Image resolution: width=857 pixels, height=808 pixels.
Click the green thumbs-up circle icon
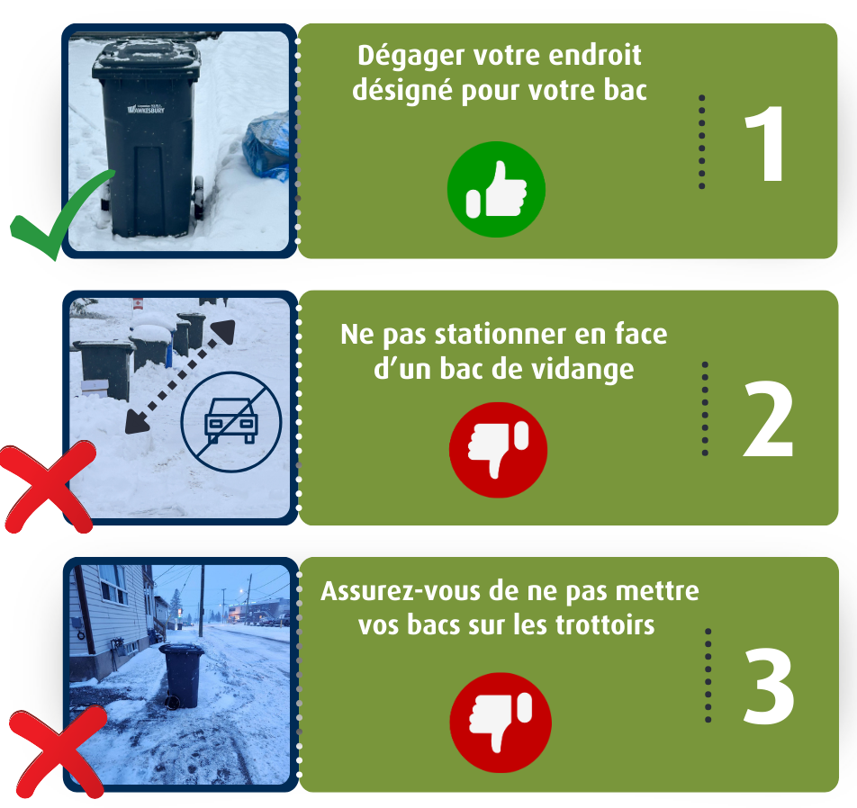click(496, 189)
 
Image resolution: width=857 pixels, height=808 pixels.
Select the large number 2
click(768, 419)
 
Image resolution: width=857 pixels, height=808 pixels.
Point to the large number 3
click(769, 687)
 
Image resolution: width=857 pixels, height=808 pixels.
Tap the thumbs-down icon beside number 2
click(498, 450)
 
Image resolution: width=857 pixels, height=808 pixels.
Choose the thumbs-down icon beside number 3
click(501, 723)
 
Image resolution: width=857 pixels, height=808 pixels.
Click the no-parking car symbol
click(231, 421)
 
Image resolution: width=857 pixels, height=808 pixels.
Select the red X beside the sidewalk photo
click(59, 752)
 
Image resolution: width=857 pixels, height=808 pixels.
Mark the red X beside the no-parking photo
click(48, 488)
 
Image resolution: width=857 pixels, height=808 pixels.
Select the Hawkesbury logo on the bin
click(146, 109)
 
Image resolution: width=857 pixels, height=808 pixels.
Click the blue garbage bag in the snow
click(266, 146)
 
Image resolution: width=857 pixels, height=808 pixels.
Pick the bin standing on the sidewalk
click(182, 675)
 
